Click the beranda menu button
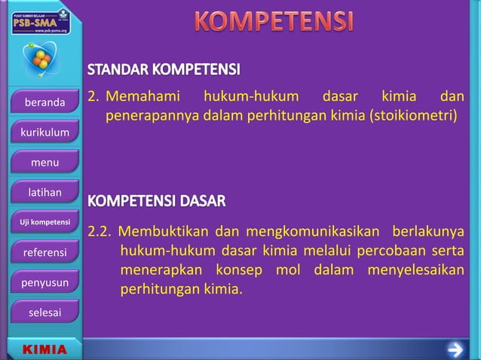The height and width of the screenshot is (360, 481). click(x=44, y=102)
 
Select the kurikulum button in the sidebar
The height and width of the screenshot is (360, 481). click(x=44, y=133)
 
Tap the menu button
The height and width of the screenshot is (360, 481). click(x=44, y=163)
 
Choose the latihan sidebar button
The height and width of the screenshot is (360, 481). click(x=44, y=193)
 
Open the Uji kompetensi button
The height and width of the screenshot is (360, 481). click(x=44, y=222)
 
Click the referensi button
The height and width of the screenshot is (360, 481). click(x=44, y=252)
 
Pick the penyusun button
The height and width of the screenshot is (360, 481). click(x=44, y=282)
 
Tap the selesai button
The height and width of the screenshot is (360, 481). click(x=44, y=312)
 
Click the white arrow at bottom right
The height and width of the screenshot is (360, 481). click(x=455, y=349)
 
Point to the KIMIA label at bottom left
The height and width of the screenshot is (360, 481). click(x=44, y=350)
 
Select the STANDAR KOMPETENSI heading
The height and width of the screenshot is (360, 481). click(x=164, y=72)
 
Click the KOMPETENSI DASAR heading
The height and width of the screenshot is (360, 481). click(x=157, y=202)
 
